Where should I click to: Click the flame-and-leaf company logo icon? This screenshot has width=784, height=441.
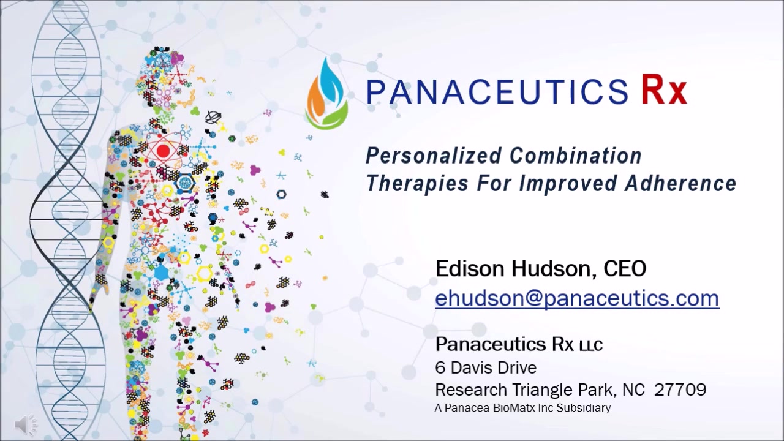[x=327, y=93]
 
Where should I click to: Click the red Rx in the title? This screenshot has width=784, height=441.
[x=664, y=91]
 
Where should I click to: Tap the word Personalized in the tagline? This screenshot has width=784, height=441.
[x=432, y=156]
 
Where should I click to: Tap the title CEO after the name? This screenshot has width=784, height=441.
[x=625, y=268]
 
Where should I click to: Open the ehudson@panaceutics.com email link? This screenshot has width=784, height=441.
[x=577, y=298]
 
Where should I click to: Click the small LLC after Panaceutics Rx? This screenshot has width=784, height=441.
[x=590, y=345]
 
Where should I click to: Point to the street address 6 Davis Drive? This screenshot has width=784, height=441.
[x=486, y=367]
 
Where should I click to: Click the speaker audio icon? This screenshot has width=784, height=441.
[x=25, y=424]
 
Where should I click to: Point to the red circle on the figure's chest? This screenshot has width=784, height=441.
[x=163, y=151]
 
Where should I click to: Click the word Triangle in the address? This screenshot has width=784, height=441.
[x=540, y=390]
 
